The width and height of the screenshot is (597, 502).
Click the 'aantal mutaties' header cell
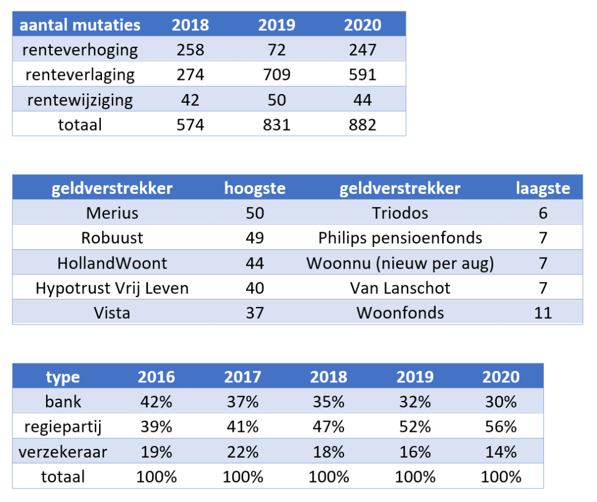80,25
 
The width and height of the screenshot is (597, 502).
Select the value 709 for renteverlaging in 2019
276,75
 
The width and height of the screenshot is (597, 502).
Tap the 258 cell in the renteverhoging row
190,50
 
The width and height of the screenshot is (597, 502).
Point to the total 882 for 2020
362,124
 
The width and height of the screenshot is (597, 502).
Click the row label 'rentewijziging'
80,100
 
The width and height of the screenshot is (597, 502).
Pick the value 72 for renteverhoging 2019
276,50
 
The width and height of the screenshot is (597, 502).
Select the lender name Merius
112,212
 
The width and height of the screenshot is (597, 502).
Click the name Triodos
400,212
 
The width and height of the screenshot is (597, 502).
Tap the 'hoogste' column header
255,188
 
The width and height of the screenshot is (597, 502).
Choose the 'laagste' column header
543,188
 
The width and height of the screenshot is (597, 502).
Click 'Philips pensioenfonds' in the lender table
400,238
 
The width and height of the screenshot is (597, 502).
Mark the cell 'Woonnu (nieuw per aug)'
400,263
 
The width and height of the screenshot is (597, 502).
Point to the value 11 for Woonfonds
543,312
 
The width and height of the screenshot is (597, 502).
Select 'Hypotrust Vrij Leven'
112,288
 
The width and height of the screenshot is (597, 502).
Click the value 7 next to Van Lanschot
543,288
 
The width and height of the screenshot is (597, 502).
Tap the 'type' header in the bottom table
63,376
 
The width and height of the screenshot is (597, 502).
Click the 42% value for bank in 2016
156,402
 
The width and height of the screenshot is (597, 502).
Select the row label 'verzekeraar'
63,452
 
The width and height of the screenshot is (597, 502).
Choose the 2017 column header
243,376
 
